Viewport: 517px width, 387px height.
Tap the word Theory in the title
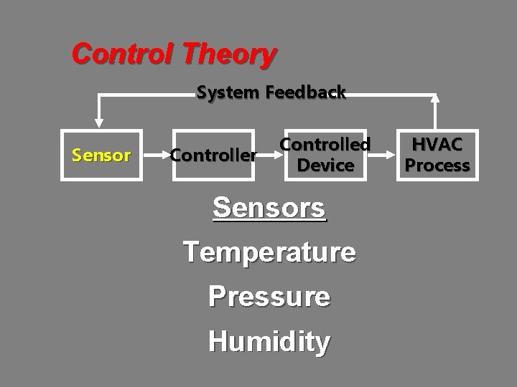pyautogui.click(x=229, y=54)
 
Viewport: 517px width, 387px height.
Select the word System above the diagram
pyautogui.click(x=228, y=92)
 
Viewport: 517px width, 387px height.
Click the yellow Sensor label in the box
pyautogui.click(x=101, y=155)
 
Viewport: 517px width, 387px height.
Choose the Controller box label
pyautogui.click(x=213, y=155)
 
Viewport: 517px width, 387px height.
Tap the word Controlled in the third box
pyautogui.click(x=325, y=144)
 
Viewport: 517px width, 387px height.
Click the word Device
pyautogui.click(x=325, y=166)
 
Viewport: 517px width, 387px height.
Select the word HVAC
pyautogui.click(x=437, y=144)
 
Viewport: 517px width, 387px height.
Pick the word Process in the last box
pyautogui.click(x=437, y=166)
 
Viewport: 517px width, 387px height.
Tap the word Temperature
pyautogui.click(x=269, y=252)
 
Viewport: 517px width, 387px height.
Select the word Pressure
pyautogui.click(x=269, y=296)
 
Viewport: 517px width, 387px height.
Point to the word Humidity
pyautogui.click(x=269, y=341)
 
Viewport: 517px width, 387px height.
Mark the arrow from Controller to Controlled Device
pyautogui.click(x=268, y=154)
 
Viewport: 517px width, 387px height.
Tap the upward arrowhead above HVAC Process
pyautogui.click(x=436, y=101)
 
